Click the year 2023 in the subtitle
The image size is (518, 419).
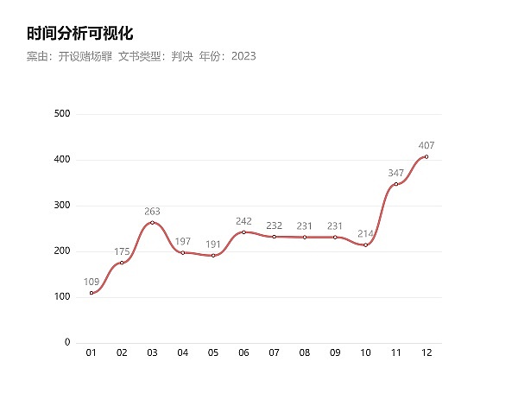tap(243, 56)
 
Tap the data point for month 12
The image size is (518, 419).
tap(426, 156)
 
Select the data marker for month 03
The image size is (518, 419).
tap(152, 222)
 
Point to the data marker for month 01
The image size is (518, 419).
tap(92, 293)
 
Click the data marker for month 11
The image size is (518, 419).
tap(396, 184)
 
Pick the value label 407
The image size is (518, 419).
tap(426, 145)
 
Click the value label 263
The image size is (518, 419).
tap(152, 211)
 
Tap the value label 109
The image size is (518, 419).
tap(92, 282)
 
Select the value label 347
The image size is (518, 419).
tap(396, 173)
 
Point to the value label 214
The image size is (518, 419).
tap(365, 233)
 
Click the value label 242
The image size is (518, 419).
tap(243, 221)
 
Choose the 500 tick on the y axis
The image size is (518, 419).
tap(61, 114)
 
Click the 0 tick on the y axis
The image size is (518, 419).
tap(67, 343)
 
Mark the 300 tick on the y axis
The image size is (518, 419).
tap(61, 206)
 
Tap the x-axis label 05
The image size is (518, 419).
tap(213, 353)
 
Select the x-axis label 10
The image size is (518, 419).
tap(365, 353)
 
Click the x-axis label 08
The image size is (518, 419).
tap(305, 353)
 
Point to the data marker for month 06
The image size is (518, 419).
tap(243, 232)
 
